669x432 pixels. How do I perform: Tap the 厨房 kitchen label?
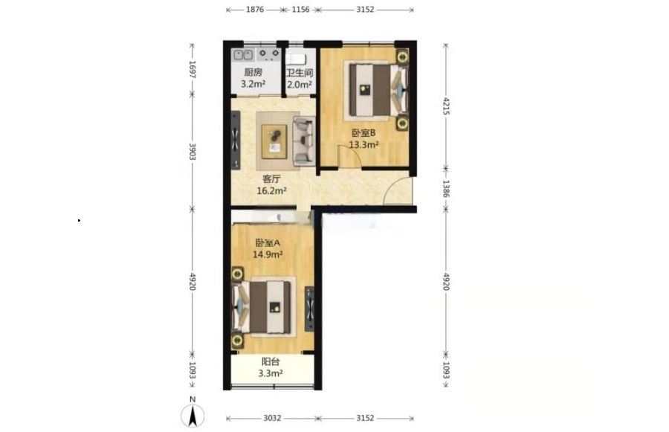(253, 73)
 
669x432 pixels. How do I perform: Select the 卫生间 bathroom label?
(300, 73)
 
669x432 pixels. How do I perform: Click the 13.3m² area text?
(364, 144)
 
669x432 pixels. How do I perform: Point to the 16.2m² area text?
(271, 190)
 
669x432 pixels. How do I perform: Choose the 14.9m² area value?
(268, 254)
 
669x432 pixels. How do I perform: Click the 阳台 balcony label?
(271, 361)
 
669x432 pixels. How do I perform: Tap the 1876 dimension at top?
(255, 10)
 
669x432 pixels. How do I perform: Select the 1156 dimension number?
(300, 10)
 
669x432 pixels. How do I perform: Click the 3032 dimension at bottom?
(272, 418)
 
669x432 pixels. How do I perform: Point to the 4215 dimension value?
(446, 106)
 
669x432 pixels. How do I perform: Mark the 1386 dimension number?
(446, 188)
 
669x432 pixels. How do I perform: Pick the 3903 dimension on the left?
(193, 152)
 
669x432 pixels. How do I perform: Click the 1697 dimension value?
(193, 69)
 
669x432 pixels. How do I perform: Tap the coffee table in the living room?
(274, 141)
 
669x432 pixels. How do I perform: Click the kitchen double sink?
(243, 54)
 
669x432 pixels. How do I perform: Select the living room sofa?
(303, 141)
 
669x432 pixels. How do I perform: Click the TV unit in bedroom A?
(309, 309)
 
